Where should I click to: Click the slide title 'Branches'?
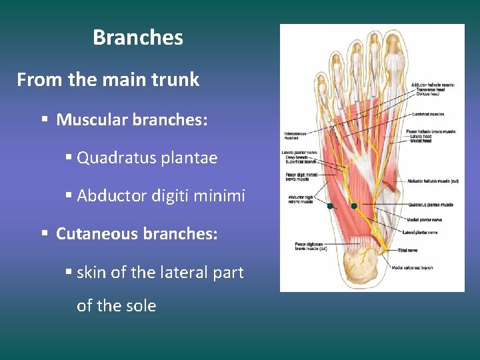137,37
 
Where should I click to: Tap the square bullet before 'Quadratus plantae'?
69,158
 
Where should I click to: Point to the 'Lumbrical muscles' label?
428,115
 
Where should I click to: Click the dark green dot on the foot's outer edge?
330,207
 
